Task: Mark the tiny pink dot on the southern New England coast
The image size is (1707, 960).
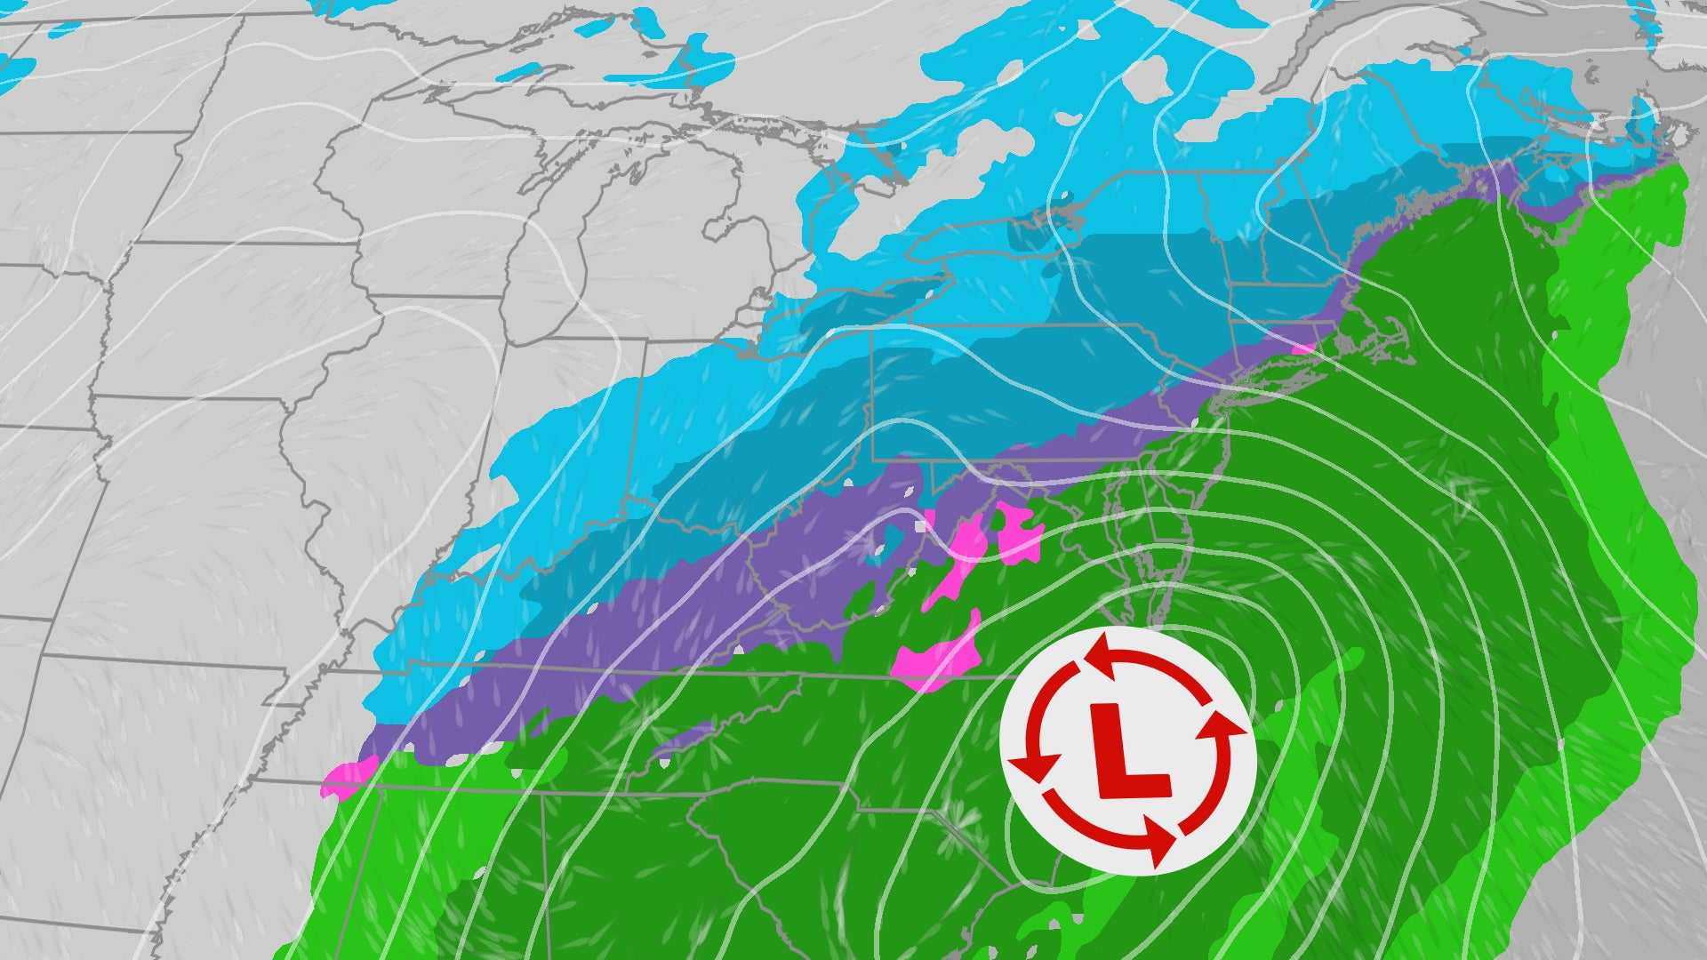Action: pyautogui.click(x=1303, y=348)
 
